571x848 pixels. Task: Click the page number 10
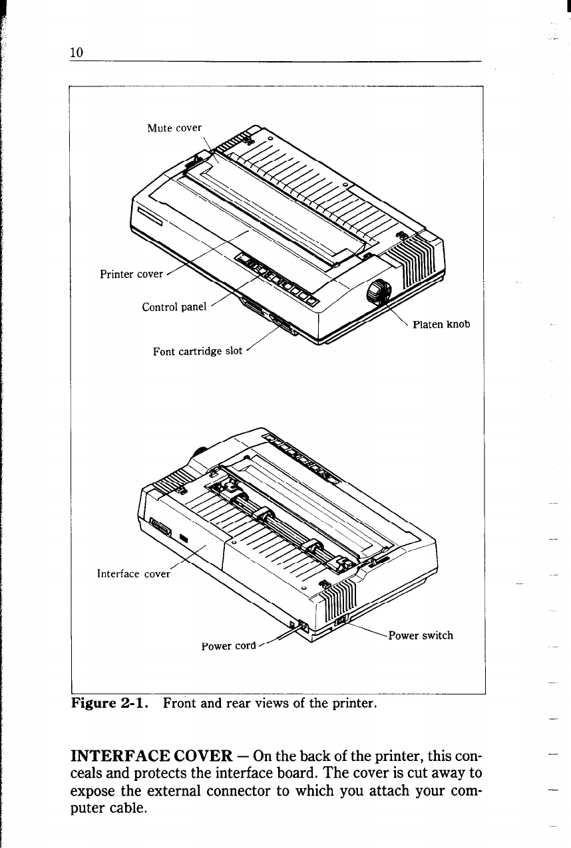(76, 53)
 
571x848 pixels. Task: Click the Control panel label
(175, 307)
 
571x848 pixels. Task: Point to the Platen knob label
(441, 324)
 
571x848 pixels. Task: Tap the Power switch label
(421, 635)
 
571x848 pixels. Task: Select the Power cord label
(228, 645)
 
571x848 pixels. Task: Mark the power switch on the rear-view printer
(341, 621)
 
